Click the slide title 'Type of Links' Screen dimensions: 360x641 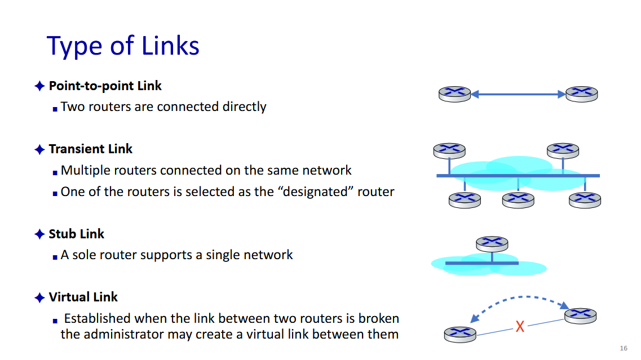[123, 46]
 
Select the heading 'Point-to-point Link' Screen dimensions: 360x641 [105, 86]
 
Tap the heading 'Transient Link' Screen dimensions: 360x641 [90, 149]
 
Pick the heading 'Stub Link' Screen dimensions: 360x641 [77, 234]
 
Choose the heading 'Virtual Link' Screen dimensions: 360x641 [83, 297]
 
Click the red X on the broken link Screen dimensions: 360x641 [520, 326]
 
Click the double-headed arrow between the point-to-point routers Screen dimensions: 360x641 [518, 95]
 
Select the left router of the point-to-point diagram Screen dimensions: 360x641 [454, 94]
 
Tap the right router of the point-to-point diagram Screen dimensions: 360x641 [581, 94]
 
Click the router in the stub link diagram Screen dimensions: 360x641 [492, 243]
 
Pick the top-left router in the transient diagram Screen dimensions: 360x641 [449, 150]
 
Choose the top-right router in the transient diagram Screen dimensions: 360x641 [563, 150]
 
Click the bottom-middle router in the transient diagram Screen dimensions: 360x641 [518, 199]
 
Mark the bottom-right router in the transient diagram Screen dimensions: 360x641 [585, 199]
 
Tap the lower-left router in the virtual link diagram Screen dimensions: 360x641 [460, 334]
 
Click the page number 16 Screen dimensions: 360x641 [623, 347]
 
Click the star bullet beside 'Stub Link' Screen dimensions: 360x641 [39, 234]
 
